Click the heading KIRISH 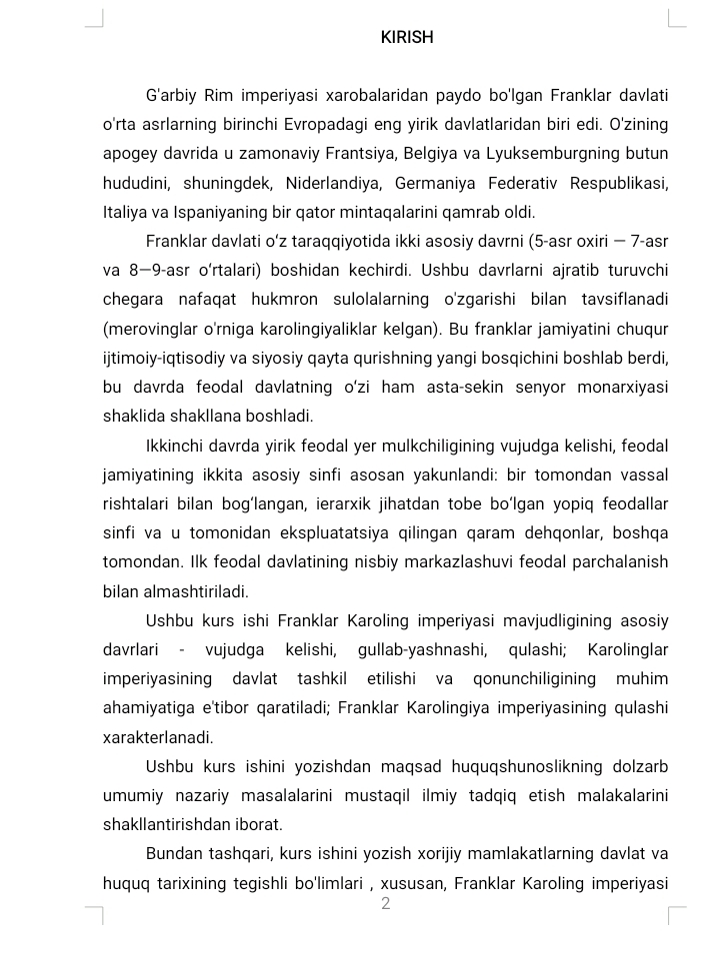[407, 37]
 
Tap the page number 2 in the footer [385, 904]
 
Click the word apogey [127, 154]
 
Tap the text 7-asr [644, 241]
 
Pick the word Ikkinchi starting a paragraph [176, 445]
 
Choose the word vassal [645, 474]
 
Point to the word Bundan [173, 854]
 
